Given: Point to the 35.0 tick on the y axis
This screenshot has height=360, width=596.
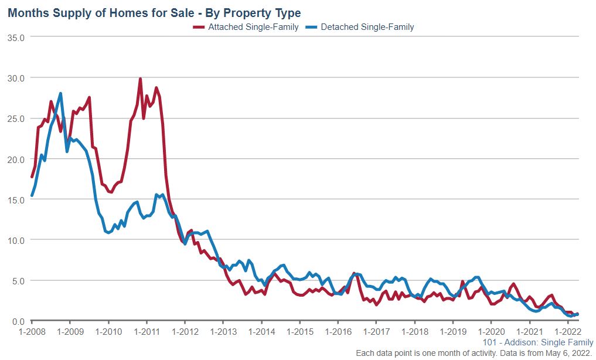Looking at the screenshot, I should (16, 37).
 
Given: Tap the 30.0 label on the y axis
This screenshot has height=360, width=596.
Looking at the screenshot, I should (16, 77).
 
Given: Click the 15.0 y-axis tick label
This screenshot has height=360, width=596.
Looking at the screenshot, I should (16, 199).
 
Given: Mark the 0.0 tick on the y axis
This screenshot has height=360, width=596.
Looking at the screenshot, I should (18, 321).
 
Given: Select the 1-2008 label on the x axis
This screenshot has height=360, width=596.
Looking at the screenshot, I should (32, 331).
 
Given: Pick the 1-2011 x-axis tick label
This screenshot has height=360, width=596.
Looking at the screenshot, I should (147, 331).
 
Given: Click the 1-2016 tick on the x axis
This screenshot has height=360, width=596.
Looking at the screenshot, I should (338, 331).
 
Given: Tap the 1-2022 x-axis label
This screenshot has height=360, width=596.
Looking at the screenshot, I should (567, 331).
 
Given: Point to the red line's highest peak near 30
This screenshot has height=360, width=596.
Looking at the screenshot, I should (140, 79).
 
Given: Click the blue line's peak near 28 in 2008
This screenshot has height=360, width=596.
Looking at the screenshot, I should (60, 94).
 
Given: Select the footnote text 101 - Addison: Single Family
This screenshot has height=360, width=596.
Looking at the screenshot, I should (537, 342).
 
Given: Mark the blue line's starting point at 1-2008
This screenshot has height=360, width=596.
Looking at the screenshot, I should (32, 196).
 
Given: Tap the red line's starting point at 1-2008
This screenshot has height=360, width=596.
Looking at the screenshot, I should (32, 176).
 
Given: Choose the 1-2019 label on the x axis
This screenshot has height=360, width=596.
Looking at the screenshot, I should (452, 331).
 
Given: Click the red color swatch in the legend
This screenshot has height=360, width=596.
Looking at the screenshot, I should (198, 27).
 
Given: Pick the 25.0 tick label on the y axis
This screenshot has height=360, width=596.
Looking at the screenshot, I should (16, 118).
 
